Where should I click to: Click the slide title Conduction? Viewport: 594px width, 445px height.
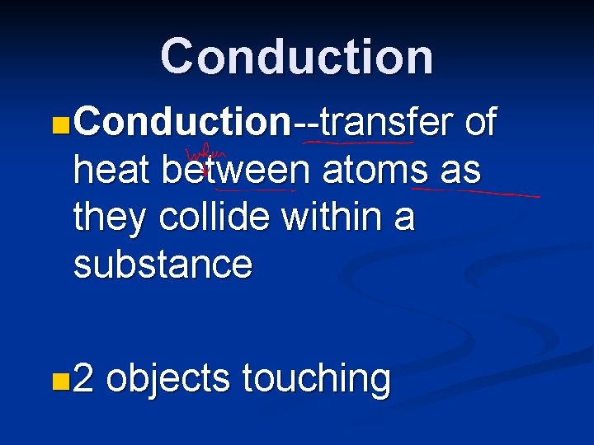point(296,57)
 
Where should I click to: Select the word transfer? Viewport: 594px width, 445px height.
point(387,123)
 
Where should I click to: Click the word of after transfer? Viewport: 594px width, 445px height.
point(480,123)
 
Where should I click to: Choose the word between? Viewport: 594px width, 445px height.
point(236,171)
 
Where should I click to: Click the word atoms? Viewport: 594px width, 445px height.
point(375,171)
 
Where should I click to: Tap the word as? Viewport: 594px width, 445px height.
point(461,171)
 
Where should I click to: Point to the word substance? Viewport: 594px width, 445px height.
point(163,265)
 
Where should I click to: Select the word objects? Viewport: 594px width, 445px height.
point(168,379)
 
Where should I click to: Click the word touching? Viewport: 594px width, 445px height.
point(316,379)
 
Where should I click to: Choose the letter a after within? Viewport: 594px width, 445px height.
point(404,218)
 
